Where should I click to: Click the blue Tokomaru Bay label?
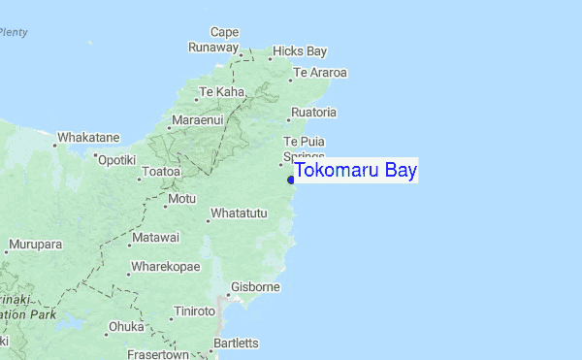coord(355,172)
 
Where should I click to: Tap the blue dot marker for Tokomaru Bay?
coord(291,180)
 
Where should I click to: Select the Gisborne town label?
coord(255,287)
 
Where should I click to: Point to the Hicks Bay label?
coord(300,50)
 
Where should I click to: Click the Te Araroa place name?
coord(320,73)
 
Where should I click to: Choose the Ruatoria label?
coord(313,113)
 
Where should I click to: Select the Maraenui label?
coord(197,120)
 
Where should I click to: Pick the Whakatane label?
coord(88,138)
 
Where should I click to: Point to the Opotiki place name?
coord(116,159)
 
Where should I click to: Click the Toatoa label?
coord(161,172)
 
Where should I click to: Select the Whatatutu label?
coord(239,213)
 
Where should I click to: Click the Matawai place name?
coord(156,238)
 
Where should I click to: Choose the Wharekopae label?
coord(165,267)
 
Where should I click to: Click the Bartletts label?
coord(236,343)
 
